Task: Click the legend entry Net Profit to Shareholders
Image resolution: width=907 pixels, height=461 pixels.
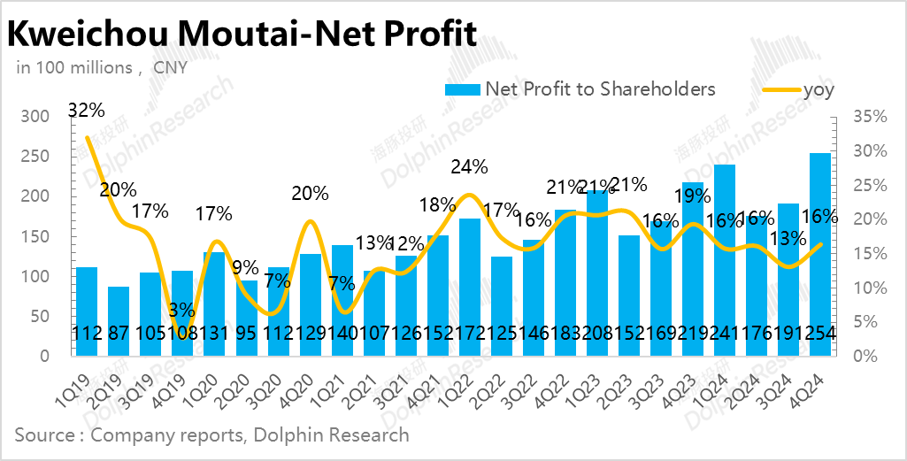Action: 580,88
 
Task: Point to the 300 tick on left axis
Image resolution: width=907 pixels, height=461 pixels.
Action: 35,116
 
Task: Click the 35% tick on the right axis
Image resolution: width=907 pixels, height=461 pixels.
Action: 869,116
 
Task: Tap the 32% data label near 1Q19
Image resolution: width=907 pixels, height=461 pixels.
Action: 87,111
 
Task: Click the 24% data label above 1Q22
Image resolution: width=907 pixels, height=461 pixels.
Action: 468,165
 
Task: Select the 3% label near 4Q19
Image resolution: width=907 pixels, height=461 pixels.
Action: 182,309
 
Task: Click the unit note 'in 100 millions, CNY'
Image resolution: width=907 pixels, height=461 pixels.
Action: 101,67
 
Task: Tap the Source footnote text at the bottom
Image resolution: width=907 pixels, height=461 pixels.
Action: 211,434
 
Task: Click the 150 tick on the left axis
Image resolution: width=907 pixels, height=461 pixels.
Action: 35,235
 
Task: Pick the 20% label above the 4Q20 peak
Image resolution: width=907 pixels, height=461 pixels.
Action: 310,193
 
